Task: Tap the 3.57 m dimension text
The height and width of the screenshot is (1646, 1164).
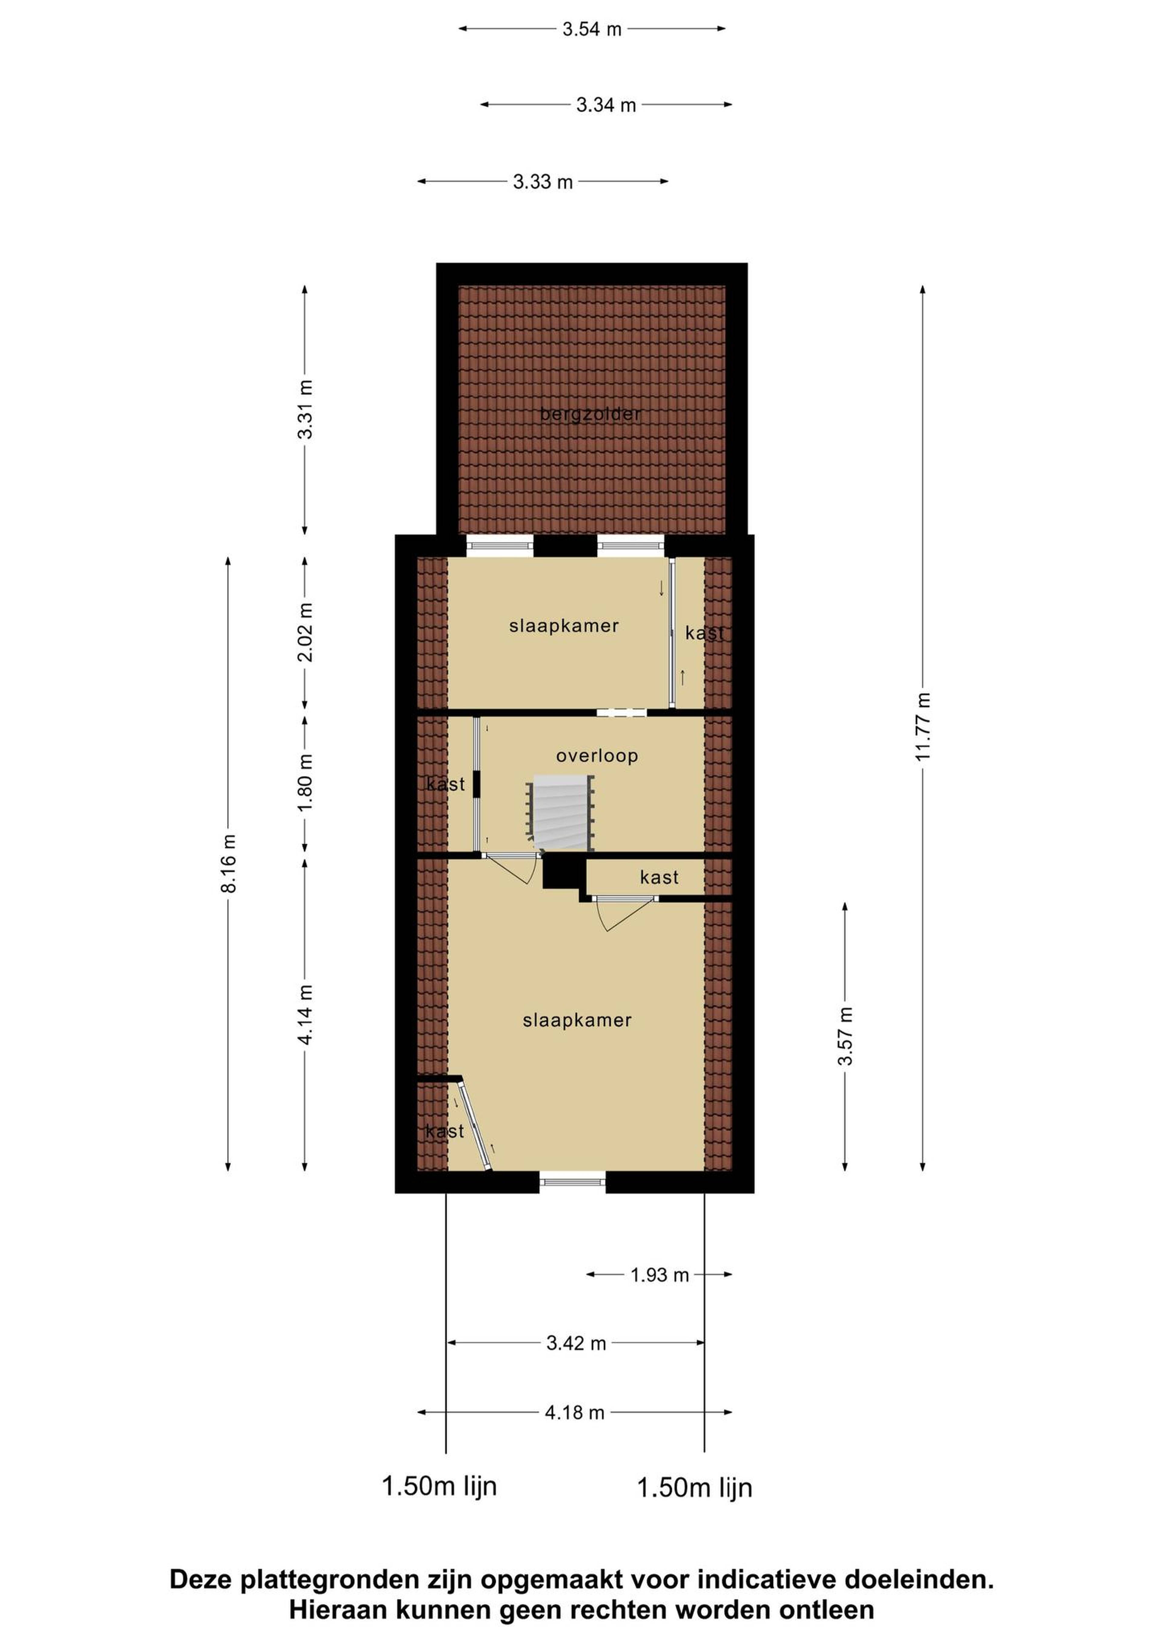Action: [x=846, y=1036]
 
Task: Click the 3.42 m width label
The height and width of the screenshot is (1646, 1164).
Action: [x=577, y=1344]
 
